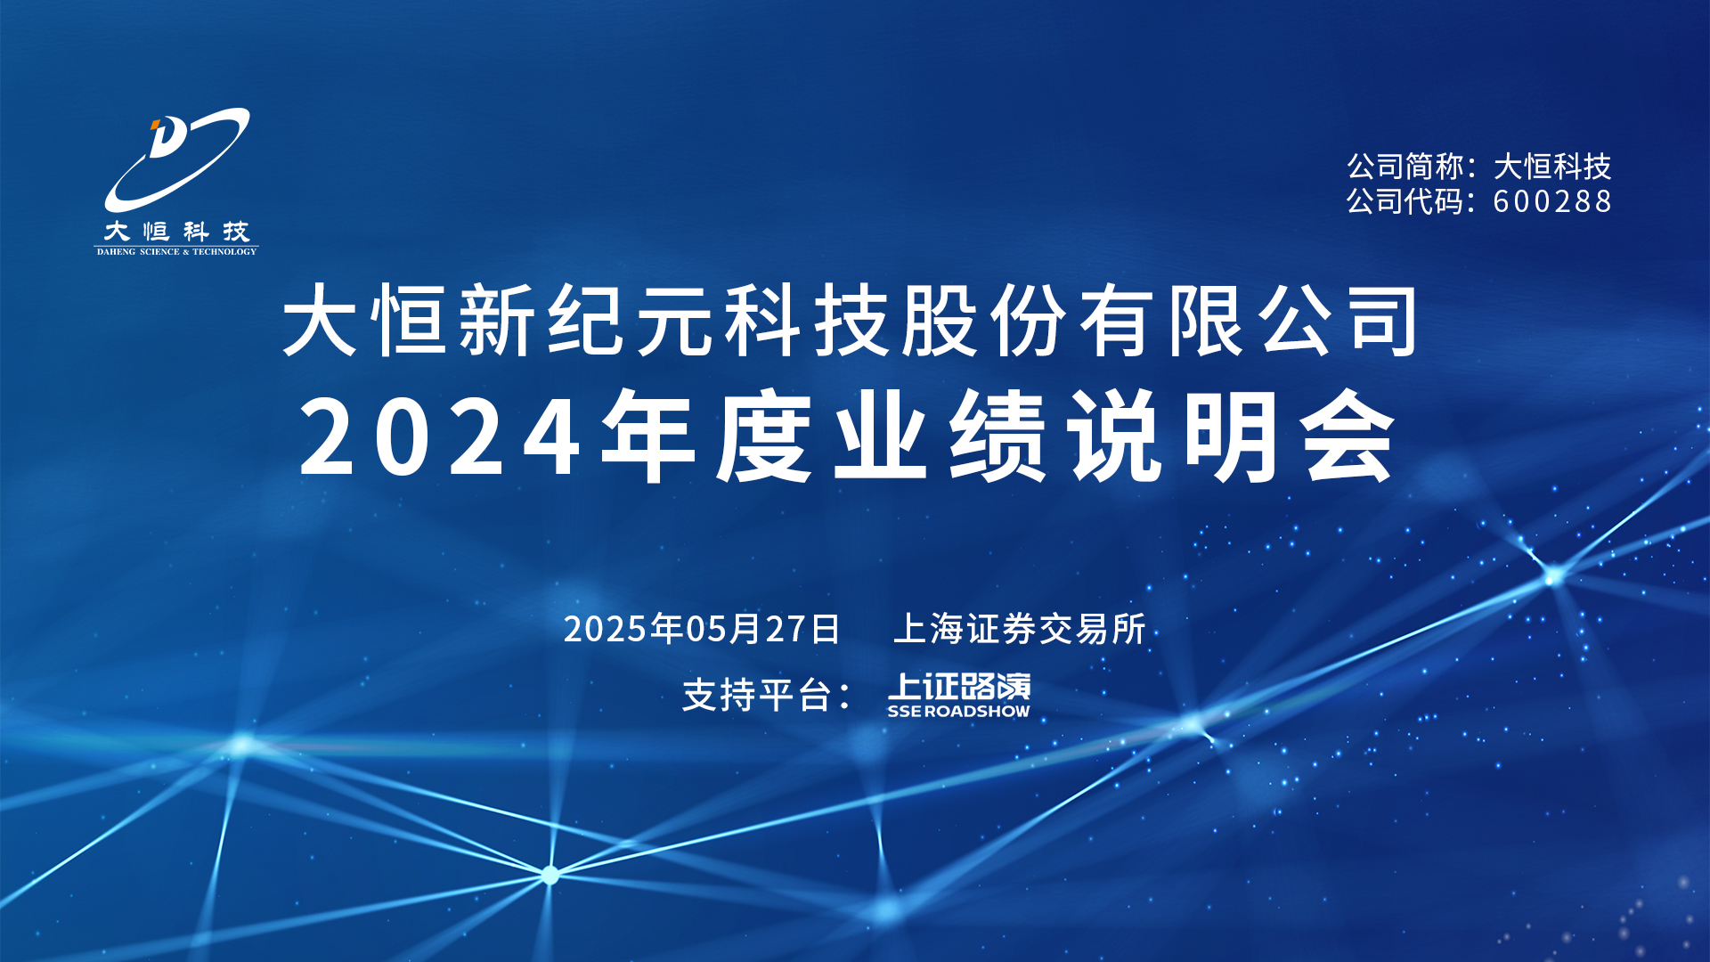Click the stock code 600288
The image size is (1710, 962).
(x=1552, y=201)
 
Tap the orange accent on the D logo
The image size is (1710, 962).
(x=155, y=124)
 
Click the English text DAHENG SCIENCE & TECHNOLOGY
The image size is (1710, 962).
(x=176, y=252)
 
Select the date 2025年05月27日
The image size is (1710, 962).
(x=702, y=629)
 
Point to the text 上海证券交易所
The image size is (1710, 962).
(x=1020, y=629)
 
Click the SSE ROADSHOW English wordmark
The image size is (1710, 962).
(x=958, y=712)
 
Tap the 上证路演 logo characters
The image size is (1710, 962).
(x=959, y=687)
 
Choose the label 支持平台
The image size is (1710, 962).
(x=756, y=695)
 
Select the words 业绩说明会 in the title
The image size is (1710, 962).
(x=1114, y=436)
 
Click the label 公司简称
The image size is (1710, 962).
(x=1405, y=167)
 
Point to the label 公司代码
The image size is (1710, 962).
(x=1405, y=201)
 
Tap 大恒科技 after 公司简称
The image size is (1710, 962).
(x=1552, y=167)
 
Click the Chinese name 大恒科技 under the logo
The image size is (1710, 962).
(x=176, y=232)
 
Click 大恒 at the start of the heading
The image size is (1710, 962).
(x=365, y=321)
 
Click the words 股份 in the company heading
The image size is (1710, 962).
(x=984, y=321)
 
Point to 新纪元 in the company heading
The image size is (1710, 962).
(x=585, y=321)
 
